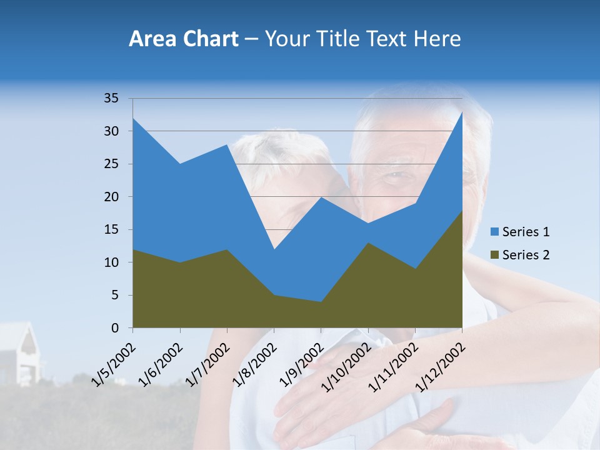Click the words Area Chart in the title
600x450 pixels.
[x=183, y=39]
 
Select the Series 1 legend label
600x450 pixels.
[x=526, y=232]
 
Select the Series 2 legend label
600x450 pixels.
[x=526, y=255]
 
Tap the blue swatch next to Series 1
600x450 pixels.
[x=494, y=232]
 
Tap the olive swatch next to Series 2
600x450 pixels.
[x=494, y=255]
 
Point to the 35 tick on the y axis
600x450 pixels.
[x=111, y=98]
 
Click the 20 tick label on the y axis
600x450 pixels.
[x=111, y=197]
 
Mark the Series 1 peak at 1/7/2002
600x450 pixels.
[x=227, y=144]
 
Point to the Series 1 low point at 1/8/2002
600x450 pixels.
[x=274, y=249]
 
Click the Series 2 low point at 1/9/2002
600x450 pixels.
[x=321, y=302]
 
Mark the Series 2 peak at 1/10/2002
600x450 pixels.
[x=368, y=242]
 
